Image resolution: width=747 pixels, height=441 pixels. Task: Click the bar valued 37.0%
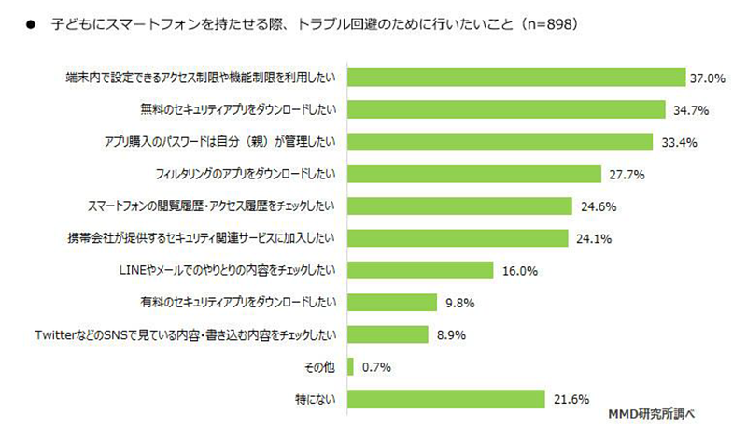click(516, 77)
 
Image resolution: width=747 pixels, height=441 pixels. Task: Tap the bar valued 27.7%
click(473, 174)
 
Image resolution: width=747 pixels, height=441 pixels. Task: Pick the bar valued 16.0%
click(419, 271)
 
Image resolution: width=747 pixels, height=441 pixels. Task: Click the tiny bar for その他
click(349, 367)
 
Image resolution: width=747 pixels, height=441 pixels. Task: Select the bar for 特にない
click(445, 400)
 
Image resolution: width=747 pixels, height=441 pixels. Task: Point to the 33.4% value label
click(679, 142)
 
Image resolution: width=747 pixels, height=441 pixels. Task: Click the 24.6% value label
click(599, 206)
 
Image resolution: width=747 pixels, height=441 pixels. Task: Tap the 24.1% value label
click(593, 238)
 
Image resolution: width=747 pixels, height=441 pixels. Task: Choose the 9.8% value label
click(461, 303)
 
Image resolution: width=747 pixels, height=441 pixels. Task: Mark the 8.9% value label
click(453, 335)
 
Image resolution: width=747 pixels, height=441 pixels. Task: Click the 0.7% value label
click(375, 367)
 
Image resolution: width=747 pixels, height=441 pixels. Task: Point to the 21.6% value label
click(570, 400)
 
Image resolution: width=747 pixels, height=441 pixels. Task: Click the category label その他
click(320, 367)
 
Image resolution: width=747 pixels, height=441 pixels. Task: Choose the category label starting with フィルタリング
click(247, 174)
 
